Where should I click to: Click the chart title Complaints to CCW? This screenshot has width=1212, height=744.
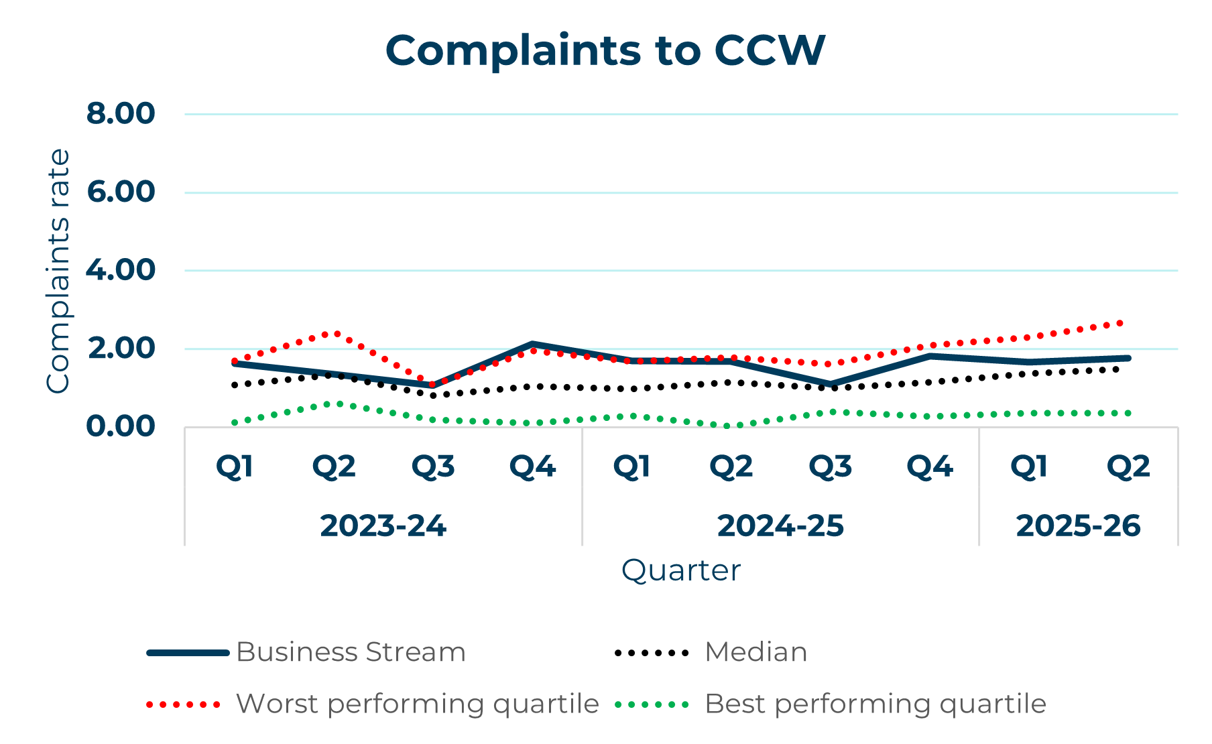click(x=605, y=50)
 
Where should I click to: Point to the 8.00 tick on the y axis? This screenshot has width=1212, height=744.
click(x=121, y=113)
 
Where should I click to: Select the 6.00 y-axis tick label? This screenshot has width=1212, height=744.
click(x=121, y=192)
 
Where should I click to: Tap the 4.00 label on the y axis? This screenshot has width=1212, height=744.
click(x=121, y=270)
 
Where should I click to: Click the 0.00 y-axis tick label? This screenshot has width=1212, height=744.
click(x=121, y=426)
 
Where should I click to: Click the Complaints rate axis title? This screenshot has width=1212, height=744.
click(x=58, y=271)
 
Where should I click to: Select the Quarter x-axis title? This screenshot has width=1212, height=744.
click(x=680, y=570)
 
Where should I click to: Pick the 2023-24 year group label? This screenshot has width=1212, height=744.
click(x=383, y=526)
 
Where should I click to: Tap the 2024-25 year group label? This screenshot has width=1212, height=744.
click(x=780, y=526)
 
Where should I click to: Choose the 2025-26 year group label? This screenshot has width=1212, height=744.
click(x=1078, y=526)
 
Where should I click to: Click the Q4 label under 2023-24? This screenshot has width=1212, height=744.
click(x=532, y=467)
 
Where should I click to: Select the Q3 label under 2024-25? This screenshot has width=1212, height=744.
click(x=830, y=467)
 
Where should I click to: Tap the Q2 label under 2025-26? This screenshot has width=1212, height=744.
click(x=1128, y=467)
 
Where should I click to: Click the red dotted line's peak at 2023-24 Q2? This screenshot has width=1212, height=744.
click(x=334, y=333)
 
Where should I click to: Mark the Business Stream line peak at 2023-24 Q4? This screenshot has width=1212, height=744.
click(x=532, y=344)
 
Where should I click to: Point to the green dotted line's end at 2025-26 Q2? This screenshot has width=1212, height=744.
click(x=1128, y=413)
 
